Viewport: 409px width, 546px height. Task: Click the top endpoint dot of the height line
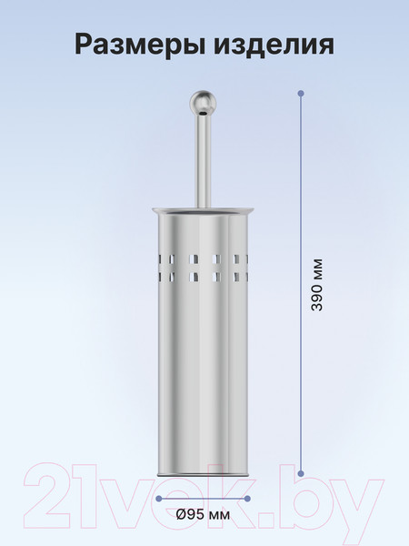click(301, 93)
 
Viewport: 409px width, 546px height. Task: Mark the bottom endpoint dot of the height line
click(301, 473)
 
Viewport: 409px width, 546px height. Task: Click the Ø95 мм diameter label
click(204, 514)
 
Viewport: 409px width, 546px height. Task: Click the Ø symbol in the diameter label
click(184, 514)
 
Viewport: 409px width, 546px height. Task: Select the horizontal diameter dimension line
click(204, 499)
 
